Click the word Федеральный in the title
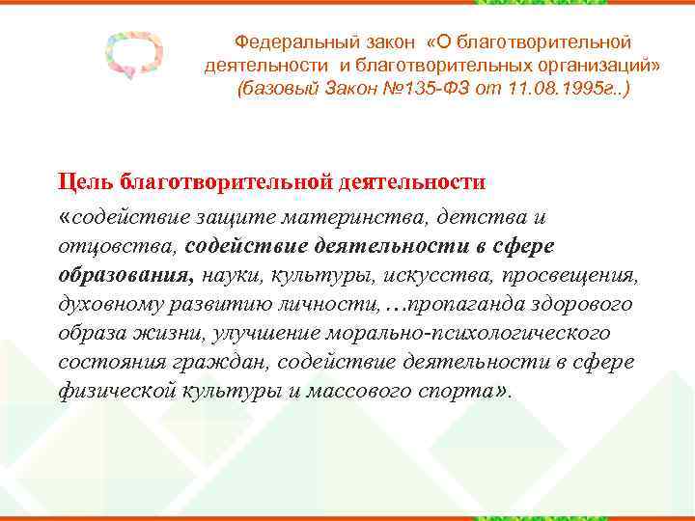287,42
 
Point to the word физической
116,393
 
